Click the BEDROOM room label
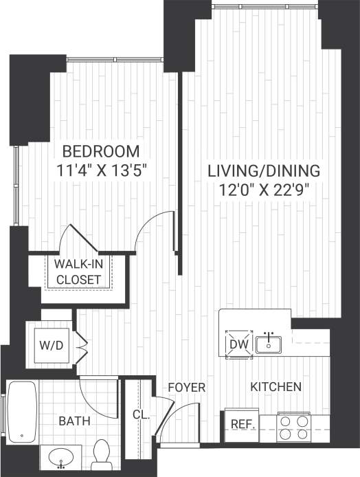pyautogui.click(x=100, y=151)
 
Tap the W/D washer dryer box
pyautogui.click(x=54, y=344)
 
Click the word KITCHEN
pyautogui.click(x=275, y=388)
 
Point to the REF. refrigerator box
pyautogui.click(x=242, y=423)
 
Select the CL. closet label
pyautogui.click(x=140, y=415)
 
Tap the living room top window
pyautogui.click(x=265, y=6)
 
